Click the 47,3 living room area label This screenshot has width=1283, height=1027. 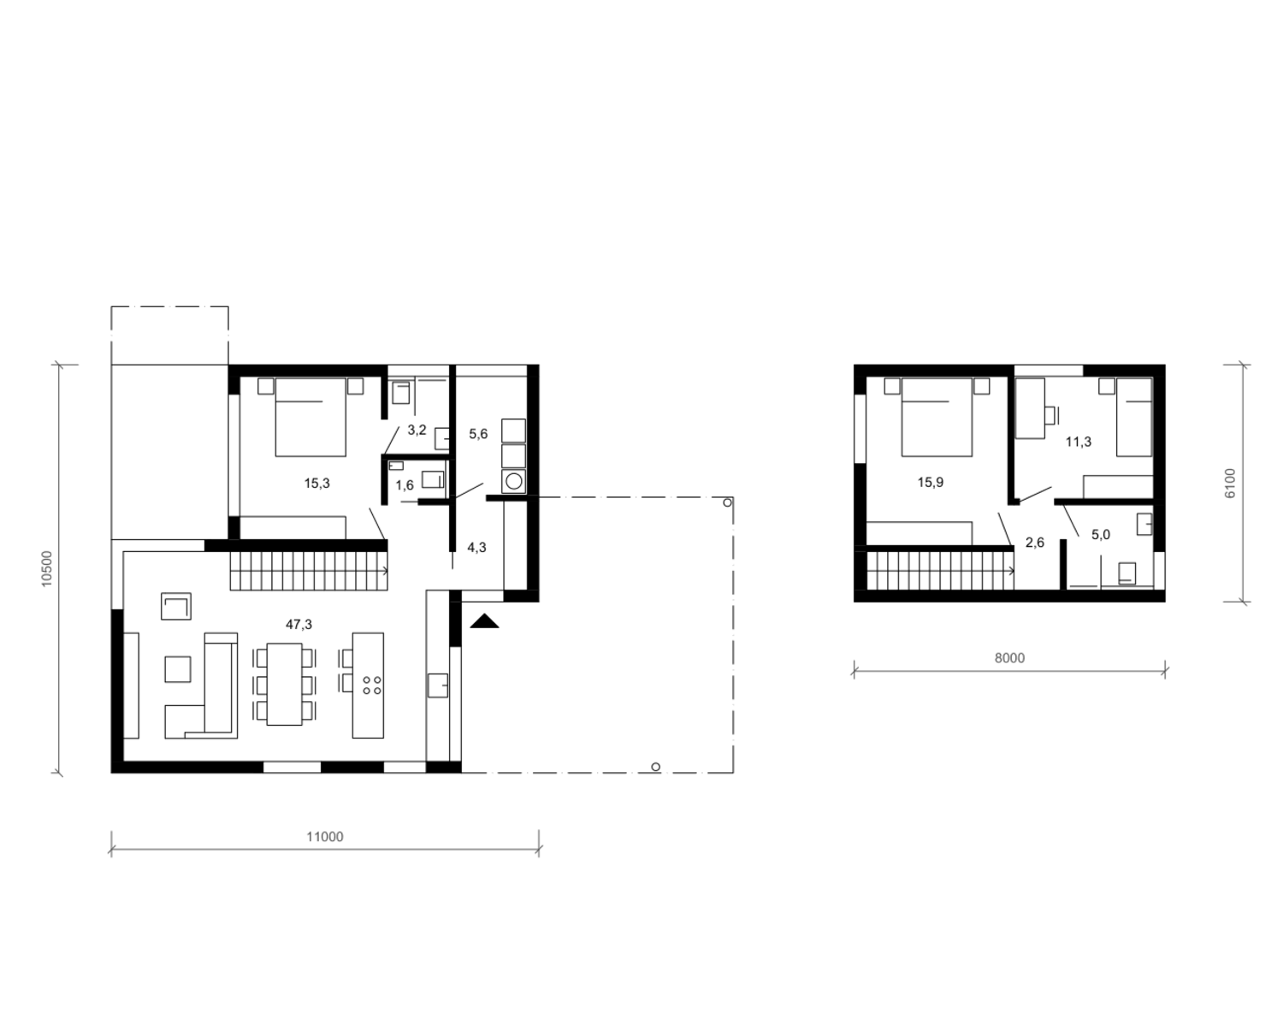point(299,625)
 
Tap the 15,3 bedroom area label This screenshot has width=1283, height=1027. point(317,484)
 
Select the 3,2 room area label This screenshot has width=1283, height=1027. point(417,430)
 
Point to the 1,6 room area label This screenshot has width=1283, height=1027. point(405,486)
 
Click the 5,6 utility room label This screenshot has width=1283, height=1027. point(478,435)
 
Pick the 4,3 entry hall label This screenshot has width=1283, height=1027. point(476,548)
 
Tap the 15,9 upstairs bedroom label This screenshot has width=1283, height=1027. point(930,483)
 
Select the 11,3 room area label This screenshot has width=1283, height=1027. point(1079,442)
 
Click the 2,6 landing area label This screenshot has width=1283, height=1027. point(1034,543)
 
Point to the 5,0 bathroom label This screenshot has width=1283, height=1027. point(1101,535)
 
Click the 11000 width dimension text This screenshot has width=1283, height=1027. point(325,837)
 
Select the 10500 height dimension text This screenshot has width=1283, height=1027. point(47,568)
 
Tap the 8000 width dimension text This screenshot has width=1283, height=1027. point(1009,658)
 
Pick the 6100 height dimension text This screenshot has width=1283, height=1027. point(1229,484)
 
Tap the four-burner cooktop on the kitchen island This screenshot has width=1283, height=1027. point(372,686)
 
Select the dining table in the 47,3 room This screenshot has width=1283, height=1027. point(284,684)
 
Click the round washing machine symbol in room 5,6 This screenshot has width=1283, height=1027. point(513,481)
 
